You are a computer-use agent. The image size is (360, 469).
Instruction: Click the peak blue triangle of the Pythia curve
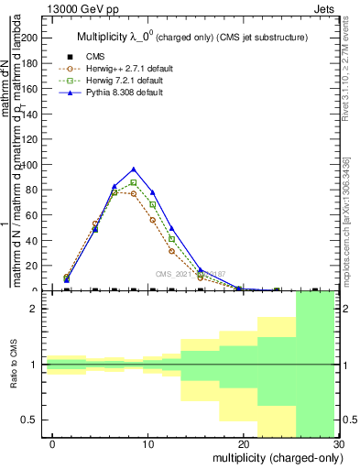(134, 169)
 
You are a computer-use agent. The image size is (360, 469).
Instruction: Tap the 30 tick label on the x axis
(339, 443)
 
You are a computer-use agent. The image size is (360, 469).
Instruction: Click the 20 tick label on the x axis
(244, 443)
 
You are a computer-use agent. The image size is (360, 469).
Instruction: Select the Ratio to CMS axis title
(14, 365)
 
